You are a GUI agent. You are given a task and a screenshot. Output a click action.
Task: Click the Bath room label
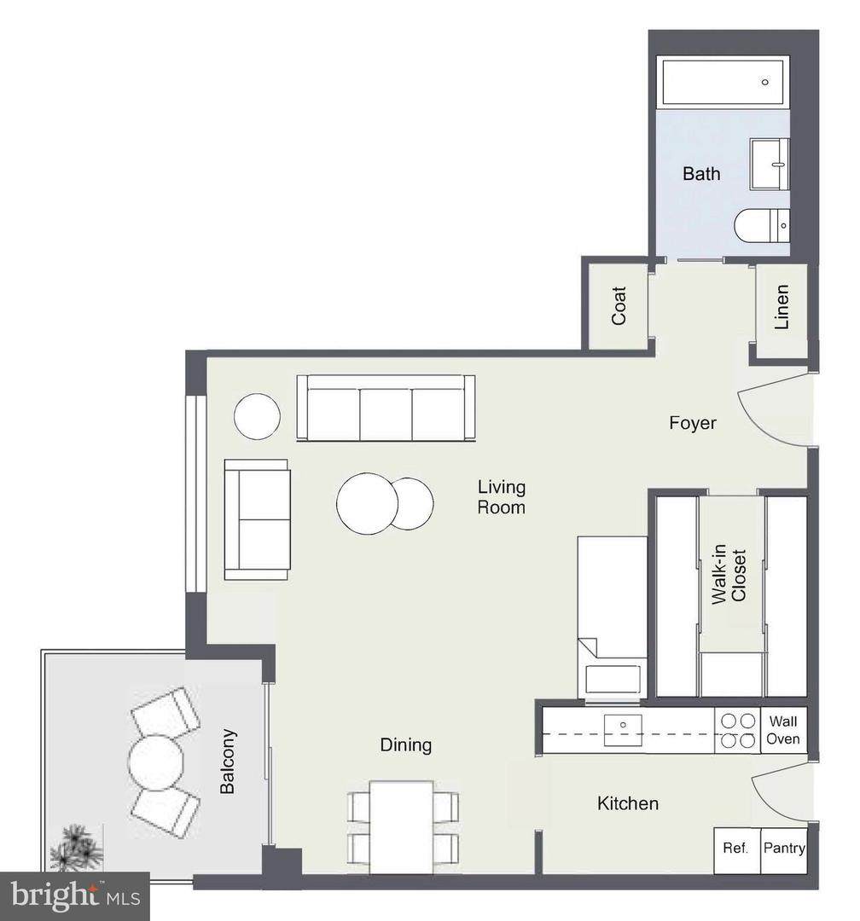[x=700, y=174]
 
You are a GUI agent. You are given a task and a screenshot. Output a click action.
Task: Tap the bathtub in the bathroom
[x=723, y=82]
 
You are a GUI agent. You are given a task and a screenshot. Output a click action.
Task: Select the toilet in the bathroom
[x=761, y=225]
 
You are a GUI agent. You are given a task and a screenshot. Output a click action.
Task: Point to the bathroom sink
[x=769, y=164]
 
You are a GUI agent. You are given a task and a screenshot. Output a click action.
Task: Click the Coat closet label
[x=619, y=305]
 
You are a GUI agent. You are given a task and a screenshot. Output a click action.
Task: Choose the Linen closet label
[x=782, y=307]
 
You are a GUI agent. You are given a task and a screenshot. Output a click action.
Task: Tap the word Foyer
[x=693, y=423]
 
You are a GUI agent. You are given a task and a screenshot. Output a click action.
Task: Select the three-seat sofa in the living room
[x=386, y=408]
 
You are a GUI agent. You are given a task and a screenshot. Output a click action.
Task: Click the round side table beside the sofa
[x=257, y=416]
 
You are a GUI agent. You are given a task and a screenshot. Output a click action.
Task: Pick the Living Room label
[x=501, y=497]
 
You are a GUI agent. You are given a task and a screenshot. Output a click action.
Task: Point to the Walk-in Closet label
[x=729, y=575]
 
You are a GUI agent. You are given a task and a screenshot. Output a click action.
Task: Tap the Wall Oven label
[x=783, y=730]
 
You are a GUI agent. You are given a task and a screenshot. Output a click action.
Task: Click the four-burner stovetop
[x=738, y=730]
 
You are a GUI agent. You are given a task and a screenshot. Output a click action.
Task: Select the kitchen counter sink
[x=623, y=730]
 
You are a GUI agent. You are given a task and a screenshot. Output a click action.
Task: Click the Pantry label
[x=784, y=849]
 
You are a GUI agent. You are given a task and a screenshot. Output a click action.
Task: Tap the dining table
[x=402, y=826]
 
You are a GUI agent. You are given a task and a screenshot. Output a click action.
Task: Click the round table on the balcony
[x=156, y=762]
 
